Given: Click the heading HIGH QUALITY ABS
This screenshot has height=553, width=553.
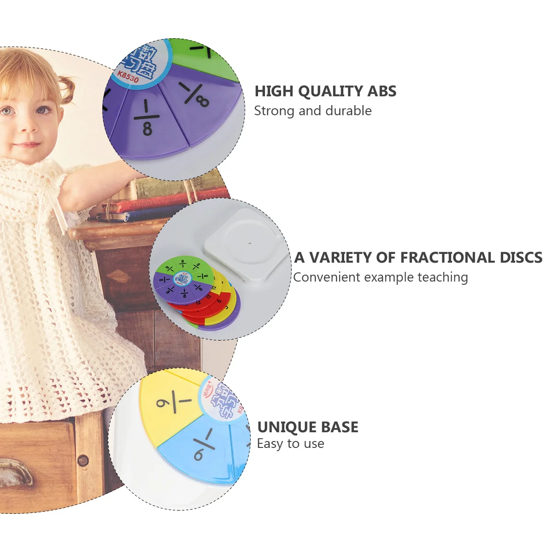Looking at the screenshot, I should (325, 91).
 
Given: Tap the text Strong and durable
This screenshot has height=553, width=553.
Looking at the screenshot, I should (312, 111).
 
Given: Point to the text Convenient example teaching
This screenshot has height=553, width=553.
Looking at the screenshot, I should (380, 277).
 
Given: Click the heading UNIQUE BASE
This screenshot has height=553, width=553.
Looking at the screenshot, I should (307, 427).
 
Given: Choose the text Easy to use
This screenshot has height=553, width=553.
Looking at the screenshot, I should (290, 444).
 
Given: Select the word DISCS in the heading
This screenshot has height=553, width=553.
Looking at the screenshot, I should (521, 258).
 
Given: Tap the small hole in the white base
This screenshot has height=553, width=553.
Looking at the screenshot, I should (250, 241).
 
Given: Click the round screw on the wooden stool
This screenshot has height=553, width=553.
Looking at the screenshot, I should (83, 460).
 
